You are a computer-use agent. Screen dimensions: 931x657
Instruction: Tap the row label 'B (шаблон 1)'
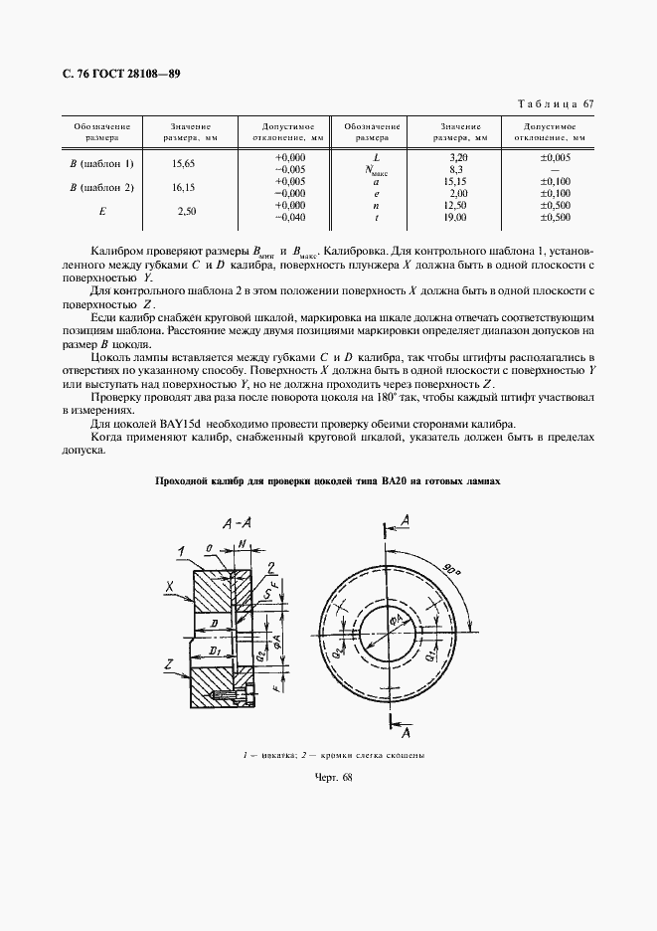(101, 163)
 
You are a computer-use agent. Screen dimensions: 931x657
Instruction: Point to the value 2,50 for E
(186, 211)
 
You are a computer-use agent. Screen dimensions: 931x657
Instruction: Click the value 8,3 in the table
(458, 170)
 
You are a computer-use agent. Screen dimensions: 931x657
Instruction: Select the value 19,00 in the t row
(457, 217)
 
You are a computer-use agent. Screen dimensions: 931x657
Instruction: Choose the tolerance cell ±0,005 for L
(555, 158)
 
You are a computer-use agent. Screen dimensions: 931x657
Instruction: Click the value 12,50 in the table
(457, 205)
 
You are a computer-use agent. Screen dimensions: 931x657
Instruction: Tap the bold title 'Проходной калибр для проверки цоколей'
(327, 480)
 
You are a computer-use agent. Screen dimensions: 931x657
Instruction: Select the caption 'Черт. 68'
(327, 778)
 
